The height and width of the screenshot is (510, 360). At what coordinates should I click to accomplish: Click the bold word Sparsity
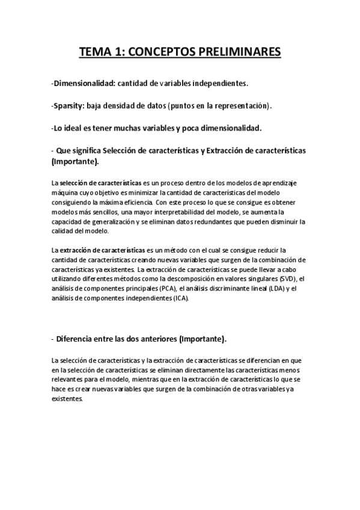pyautogui.click(x=69, y=106)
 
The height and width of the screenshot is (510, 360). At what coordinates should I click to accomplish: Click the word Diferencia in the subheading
pyautogui.click(x=80, y=339)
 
